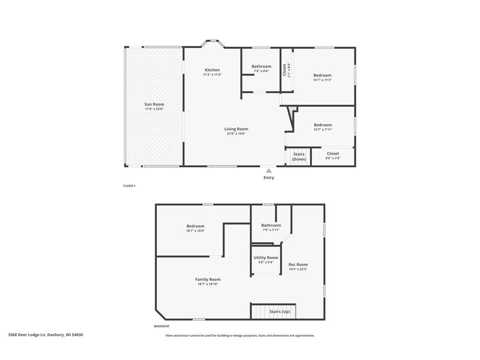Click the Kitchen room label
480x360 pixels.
click(x=212, y=70)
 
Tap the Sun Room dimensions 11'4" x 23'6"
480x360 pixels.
click(x=154, y=109)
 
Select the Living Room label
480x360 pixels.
click(x=236, y=129)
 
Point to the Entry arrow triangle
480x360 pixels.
click(x=269, y=171)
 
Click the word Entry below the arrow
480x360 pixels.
click(x=269, y=178)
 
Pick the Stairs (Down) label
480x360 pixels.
click(x=299, y=157)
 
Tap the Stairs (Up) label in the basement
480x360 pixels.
click(x=279, y=311)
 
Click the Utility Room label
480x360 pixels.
click(x=266, y=258)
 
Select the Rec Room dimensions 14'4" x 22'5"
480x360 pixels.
click(x=298, y=269)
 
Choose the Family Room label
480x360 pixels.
click(x=208, y=280)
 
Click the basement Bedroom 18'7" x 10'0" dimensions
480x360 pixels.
click(x=195, y=231)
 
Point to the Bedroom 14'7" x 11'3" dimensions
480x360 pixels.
click(x=322, y=80)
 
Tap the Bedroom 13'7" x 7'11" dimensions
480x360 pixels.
click(x=323, y=130)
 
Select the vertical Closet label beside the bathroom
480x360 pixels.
click(x=284, y=70)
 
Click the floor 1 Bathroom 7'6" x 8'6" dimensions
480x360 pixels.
click(x=261, y=71)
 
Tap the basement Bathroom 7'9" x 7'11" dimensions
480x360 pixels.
click(x=271, y=230)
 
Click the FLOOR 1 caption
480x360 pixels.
click(x=129, y=186)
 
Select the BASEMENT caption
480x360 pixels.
click(x=161, y=326)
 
